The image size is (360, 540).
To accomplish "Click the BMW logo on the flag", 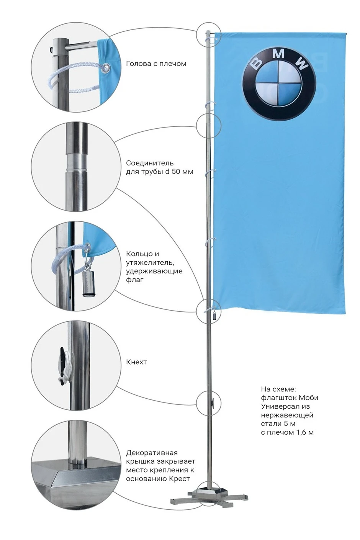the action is coord(279,83).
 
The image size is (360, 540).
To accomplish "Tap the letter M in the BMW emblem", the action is coord(278,54).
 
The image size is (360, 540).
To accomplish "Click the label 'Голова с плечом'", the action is coord(156,64).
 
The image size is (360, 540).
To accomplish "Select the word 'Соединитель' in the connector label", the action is coord(150,163).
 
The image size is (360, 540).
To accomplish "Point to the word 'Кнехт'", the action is coord(136,362).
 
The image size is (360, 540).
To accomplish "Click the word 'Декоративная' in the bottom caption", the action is coord(152,453).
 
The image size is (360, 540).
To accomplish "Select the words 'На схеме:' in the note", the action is coord(278,389).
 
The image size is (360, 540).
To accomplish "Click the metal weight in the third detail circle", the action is coord(88,284).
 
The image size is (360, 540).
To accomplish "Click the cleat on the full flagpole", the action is coord(213,402).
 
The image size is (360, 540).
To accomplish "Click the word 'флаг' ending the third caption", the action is coord(135,280).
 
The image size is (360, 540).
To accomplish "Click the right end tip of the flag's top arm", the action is coord(346,34).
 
